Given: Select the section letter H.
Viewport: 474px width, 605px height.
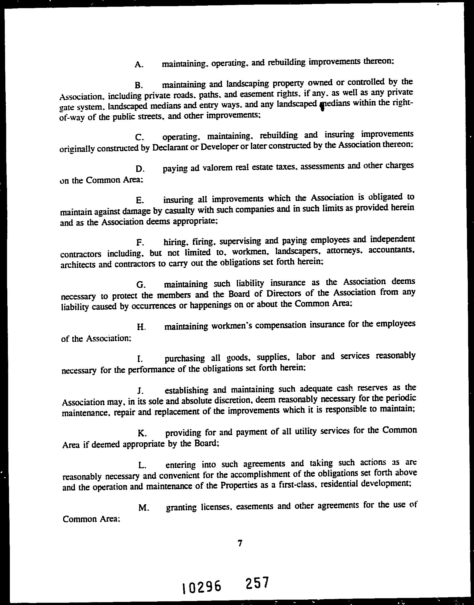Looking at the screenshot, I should (141, 327).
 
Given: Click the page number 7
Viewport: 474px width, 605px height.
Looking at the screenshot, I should (240, 543).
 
